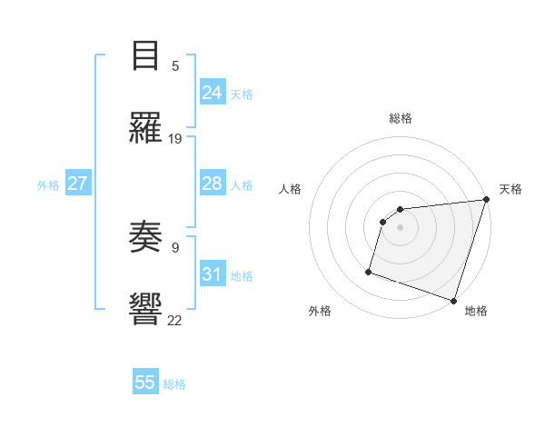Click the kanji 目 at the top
[x=145, y=56]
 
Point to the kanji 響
[x=145, y=307]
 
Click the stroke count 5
[x=175, y=66]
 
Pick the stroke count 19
[x=175, y=138]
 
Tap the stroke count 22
[x=175, y=319]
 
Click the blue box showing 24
[x=213, y=92]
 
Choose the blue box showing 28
[x=213, y=184]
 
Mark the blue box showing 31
[x=213, y=274]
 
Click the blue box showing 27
[x=77, y=184]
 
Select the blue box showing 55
[x=145, y=382]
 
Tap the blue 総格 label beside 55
[x=174, y=384]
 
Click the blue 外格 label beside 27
[x=48, y=185]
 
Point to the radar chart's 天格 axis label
[x=510, y=189]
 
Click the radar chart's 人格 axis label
[x=290, y=189]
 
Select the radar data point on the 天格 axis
[x=486, y=200]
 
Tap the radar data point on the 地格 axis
[x=453, y=301]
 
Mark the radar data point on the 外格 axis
[x=369, y=271]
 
